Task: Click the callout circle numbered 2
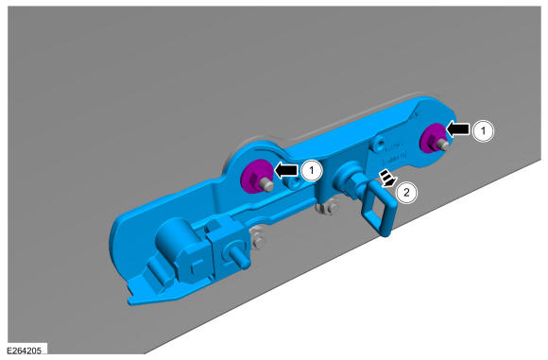(406, 192)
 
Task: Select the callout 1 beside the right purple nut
(484, 131)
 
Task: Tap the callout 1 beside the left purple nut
(312, 171)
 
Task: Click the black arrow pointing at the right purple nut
(458, 129)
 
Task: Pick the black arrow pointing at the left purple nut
(286, 171)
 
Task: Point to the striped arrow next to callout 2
(388, 178)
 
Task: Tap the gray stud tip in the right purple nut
(443, 144)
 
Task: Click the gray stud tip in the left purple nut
(267, 185)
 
